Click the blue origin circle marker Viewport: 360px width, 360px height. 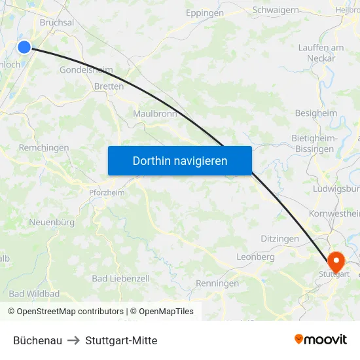[24, 46]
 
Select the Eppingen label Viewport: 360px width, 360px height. [204, 13]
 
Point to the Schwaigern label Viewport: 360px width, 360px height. [276, 10]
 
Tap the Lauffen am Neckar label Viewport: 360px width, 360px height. [321, 53]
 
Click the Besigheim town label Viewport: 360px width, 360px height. [316, 113]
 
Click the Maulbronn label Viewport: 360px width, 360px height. [155, 114]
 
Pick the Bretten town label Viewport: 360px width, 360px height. [109, 86]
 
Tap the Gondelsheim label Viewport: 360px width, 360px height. [86, 70]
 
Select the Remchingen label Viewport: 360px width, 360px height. [44, 148]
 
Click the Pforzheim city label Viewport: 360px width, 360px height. [107, 192]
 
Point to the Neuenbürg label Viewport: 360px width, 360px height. [52, 223]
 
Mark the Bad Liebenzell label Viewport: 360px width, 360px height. [120, 279]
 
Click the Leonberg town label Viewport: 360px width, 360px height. [255, 257]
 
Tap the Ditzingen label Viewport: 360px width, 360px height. [279, 240]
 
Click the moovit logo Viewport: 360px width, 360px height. [321, 339]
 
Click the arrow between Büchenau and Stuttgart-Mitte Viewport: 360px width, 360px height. [73, 340]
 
